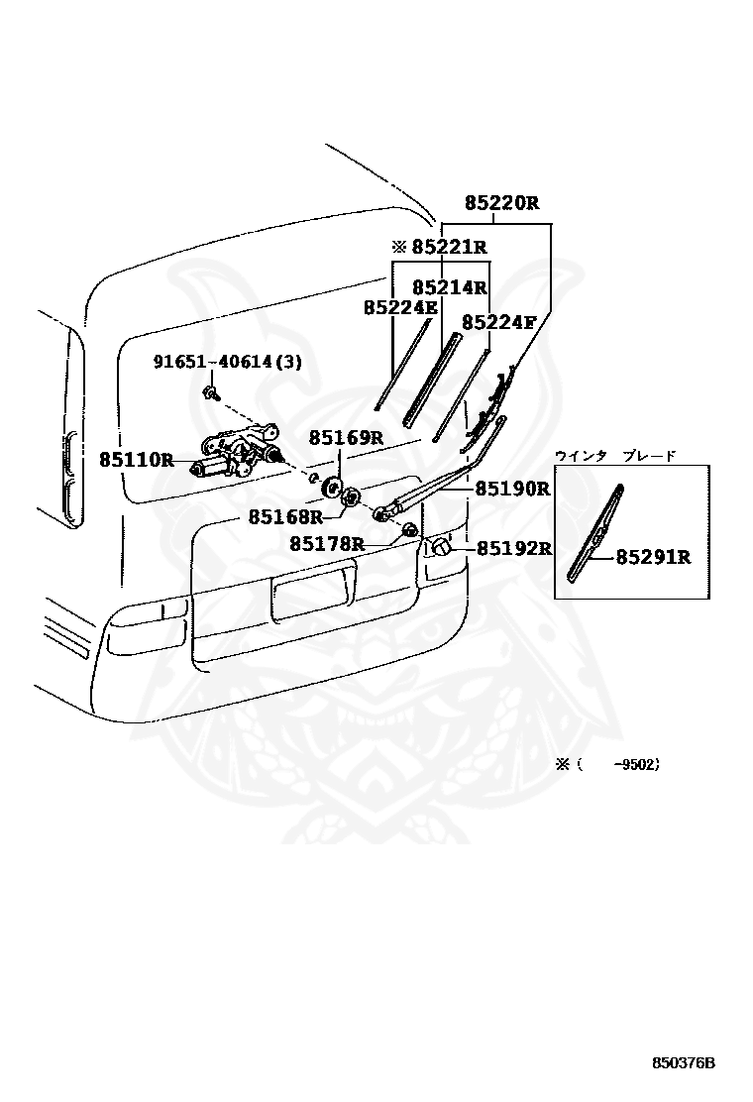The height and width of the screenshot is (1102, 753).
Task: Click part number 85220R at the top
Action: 501,203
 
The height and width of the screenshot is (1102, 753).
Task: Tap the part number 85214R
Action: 450,287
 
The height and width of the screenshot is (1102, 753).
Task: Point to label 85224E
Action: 400,308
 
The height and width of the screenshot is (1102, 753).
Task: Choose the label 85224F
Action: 498,323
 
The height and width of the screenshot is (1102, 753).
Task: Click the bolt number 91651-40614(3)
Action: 228,362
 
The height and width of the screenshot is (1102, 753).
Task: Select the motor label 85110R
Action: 137,461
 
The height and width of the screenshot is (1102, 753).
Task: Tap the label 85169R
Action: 347,439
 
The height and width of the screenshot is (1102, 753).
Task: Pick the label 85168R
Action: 285,517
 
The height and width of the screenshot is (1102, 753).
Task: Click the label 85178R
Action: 327,543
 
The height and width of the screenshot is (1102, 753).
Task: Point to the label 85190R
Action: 513,488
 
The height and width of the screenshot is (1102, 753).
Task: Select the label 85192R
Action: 514,548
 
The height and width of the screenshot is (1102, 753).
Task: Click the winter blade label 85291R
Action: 653,557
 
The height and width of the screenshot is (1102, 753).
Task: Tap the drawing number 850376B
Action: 684,1062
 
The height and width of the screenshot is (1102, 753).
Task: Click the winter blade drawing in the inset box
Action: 596,533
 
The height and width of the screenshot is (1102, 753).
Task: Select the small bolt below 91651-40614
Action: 209,393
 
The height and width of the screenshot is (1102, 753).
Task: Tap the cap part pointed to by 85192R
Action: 438,547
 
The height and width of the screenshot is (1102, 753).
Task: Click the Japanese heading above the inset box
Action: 615,456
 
